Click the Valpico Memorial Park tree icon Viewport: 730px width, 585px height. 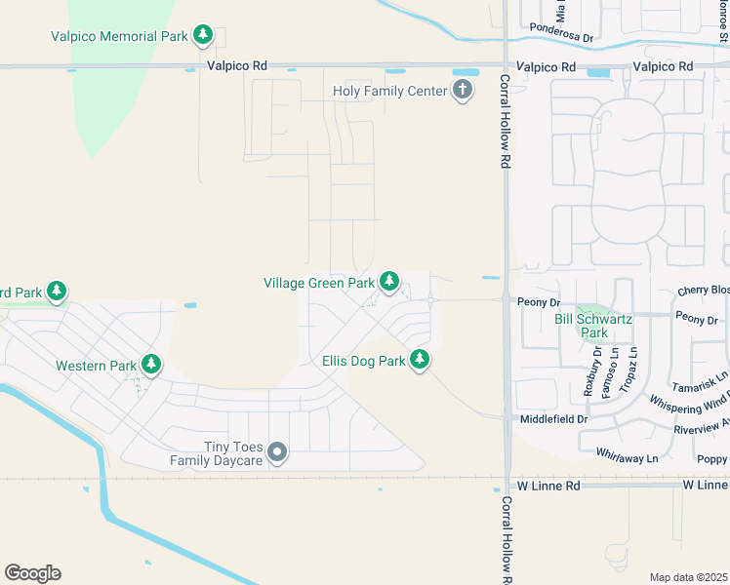(203, 36)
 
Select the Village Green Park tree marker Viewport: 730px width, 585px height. (389, 283)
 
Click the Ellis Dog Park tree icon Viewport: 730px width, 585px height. (420, 361)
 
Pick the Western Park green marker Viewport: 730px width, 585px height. (151, 366)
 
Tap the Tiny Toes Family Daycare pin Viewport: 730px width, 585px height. (278, 451)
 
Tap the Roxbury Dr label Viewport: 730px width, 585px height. (588, 371)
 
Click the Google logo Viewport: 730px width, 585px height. (32, 572)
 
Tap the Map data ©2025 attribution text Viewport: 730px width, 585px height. (688, 577)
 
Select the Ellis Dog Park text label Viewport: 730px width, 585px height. (363, 361)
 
